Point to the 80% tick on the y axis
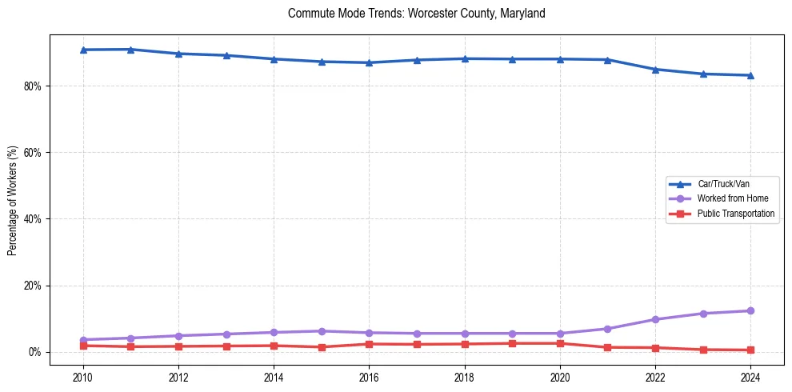tap(34, 86)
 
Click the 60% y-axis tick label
tap(34, 152)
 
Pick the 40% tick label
tap(34, 219)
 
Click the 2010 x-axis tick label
tap(82, 376)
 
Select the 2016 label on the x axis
tap(369, 376)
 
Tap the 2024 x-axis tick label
tap(750, 376)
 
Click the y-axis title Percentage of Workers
tap(13, 200)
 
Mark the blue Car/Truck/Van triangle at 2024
tap(750, 75)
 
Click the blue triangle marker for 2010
tap(82, 50)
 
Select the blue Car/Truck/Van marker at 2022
tap(655, 70)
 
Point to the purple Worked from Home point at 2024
tap(750, 310)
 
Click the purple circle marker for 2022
tap(655, 319)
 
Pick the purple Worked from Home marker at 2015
tap(322, 331)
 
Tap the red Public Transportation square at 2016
tap(369, 344)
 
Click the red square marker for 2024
tap(750, 350)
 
